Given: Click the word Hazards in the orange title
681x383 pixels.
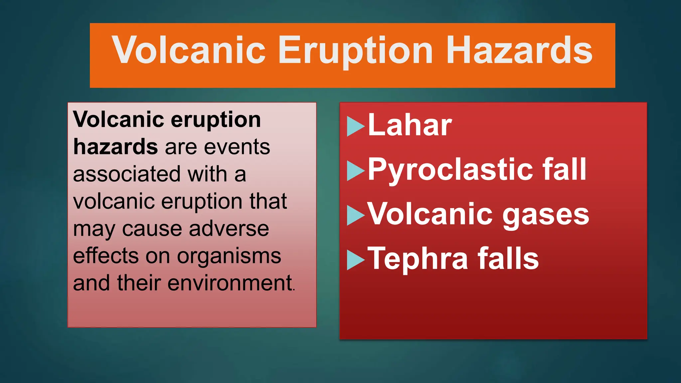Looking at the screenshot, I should pos(519,51).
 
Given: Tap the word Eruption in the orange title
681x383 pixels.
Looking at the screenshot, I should pos(355,51).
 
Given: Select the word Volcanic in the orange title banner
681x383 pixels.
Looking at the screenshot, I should pos(189,51).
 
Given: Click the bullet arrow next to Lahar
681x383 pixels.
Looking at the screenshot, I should pos(355,126).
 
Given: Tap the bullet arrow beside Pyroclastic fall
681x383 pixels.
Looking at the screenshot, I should pos(355,171).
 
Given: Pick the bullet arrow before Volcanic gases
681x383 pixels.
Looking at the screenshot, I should pos(355,215).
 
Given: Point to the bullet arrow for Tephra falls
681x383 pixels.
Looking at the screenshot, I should pos(355,260).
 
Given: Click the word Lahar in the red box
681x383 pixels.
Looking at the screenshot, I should pos(410,126).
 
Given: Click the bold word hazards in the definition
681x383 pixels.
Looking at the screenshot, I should pos(115,147).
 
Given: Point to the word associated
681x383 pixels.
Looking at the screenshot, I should pos(127,174).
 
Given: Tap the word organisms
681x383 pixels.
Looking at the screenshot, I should pos(229,256).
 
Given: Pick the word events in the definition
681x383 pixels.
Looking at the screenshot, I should pos(237,147).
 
